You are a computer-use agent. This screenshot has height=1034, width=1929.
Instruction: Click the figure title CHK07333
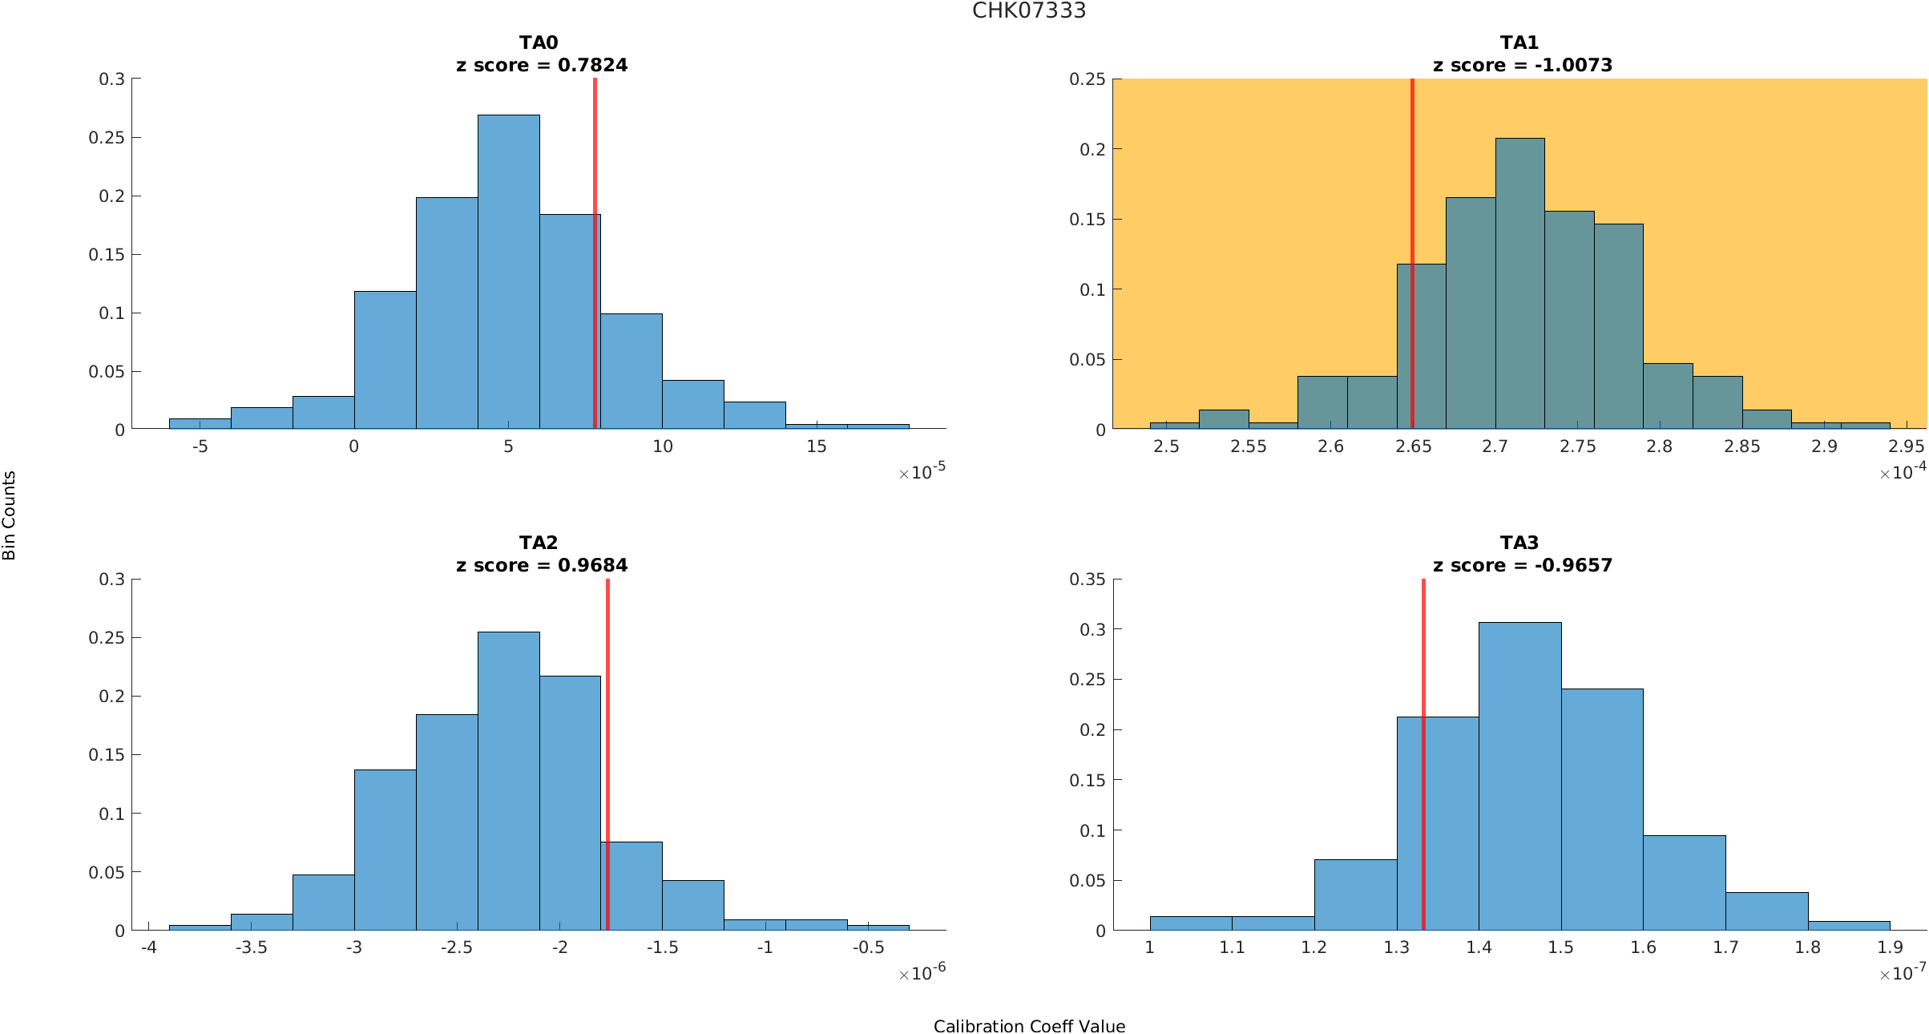click(x=1029, y=11)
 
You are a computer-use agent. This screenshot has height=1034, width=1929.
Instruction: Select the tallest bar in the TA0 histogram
click(x=509, y=273)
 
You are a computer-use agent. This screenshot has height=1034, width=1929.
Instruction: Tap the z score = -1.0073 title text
click(x=1522, y=65)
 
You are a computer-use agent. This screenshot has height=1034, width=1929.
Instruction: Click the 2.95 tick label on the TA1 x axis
click(x=1907, y=446)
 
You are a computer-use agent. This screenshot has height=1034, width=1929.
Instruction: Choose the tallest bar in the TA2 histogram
click(x=509, y=782)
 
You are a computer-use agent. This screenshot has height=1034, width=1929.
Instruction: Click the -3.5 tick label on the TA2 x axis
click(x=251, y=947)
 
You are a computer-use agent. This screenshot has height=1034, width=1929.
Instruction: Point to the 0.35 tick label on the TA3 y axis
click(x=1087, y=579)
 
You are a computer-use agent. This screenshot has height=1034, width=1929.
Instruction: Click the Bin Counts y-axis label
click(x=10, y=515)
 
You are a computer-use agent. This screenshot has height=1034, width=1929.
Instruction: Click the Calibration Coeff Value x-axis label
click(x=1029, y=1026)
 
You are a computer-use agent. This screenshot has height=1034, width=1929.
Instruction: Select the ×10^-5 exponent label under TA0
click(x=922, y=471)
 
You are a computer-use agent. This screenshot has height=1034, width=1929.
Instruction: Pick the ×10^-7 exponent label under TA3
click(x=1903, y=972)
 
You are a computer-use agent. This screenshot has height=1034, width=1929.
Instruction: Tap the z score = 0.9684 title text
click(x=542, y=565)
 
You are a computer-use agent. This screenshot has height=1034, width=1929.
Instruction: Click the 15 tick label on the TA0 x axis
click(x=816, y=446)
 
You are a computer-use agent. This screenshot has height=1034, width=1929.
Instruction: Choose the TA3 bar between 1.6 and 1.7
click(x=1684, y=883)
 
